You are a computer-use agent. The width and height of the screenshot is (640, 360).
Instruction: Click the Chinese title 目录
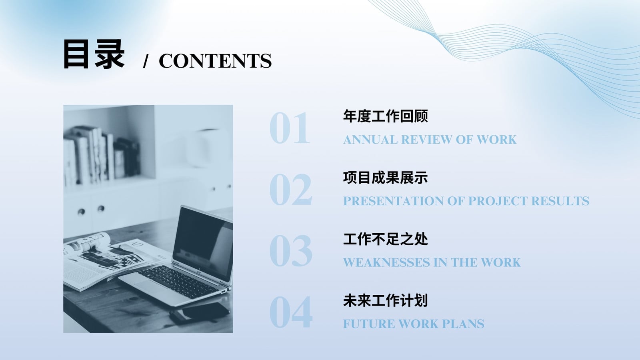[x=94, y=54]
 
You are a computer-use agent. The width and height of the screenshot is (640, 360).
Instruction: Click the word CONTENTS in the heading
[x=215, y=61]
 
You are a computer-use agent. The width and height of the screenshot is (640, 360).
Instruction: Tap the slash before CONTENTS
[x=146, y=61]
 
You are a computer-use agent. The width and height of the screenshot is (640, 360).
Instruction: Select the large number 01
[x=290, y=128]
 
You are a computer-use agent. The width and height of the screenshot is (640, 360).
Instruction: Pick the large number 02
[x=290, y=190]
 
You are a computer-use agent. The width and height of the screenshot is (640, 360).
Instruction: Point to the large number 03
[x=290, y=251]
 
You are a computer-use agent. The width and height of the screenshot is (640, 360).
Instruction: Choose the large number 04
[x=290, y=312]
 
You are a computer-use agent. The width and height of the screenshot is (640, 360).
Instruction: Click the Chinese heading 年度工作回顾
[x=386, y=116]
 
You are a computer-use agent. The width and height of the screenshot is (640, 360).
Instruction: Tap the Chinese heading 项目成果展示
[x=386, y=178]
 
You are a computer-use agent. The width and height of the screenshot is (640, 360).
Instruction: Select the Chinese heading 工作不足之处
[x=386, y=239]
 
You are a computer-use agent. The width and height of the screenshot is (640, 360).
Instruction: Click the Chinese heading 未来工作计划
[x=386, y=300]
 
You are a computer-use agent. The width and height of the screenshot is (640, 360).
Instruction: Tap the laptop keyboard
[x=178, y=282]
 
